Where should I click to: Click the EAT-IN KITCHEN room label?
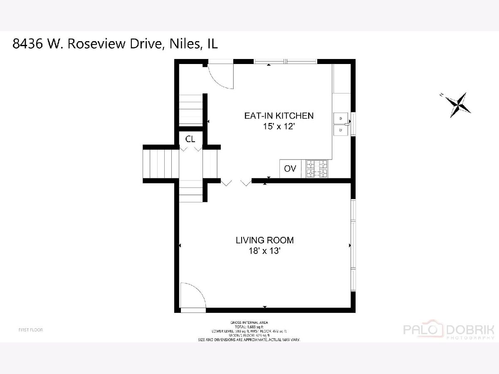tap(278, 116)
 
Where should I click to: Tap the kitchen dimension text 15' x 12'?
tap(278, 126)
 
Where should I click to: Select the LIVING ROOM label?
tap(264, 240)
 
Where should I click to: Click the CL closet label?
tap(190, 139)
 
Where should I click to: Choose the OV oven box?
tap(290, 169)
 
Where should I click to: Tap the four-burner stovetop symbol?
tap(317, 169)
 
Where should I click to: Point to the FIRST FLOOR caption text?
tap(31, 330)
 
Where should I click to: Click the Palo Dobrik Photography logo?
tap(449, 331)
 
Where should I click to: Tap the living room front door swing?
tap(192, 296)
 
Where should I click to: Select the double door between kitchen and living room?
tap(236, 182)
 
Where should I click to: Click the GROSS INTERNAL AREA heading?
tap(249, 322)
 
